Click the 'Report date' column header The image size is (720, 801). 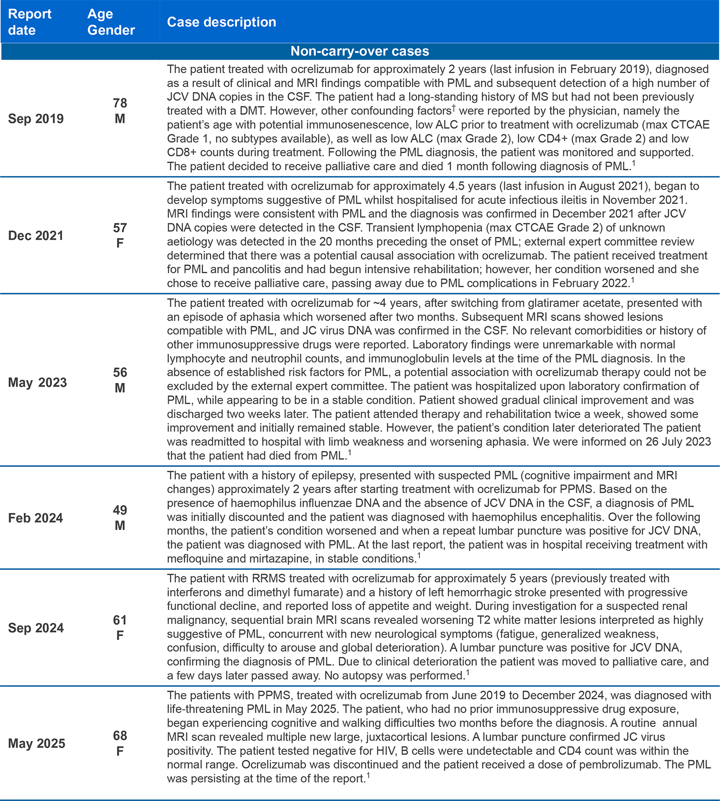pos(29,22)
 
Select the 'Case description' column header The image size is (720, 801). pos(221,22)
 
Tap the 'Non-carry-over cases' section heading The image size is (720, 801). pos(360,51)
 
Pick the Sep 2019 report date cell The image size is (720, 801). pos(36,119)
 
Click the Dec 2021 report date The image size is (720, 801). pos(36,236)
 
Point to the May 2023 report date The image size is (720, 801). pos(37,383)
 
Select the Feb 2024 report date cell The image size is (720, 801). pos(36,518)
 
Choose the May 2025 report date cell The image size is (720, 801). pos(36,743)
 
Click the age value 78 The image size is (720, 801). pos(120,103)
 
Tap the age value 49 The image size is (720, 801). pos(120,510)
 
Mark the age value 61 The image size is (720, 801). pos(120,620)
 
